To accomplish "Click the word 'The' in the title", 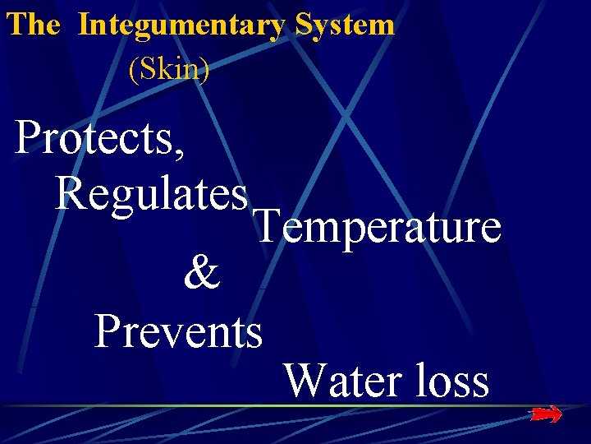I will [33, 25].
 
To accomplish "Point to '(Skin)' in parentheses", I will [169, 70].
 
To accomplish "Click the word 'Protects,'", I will [99, 139].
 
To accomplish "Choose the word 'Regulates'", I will [152, 194].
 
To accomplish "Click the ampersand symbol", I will [202, 275].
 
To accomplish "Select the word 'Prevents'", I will [178, 331].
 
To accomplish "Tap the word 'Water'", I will [336, 380].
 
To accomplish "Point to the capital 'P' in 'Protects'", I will [30, 137].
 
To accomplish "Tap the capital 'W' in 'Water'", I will [305, 380].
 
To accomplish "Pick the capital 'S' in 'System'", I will [303, 25].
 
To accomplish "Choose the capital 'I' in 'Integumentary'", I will [84, 25].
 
